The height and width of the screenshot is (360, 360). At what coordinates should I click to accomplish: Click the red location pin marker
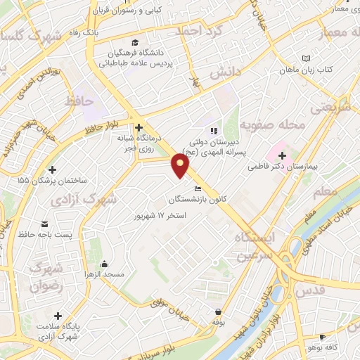181,165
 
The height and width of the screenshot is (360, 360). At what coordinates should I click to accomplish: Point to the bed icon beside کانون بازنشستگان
198,188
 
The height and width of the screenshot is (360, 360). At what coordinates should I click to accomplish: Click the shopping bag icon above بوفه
219,311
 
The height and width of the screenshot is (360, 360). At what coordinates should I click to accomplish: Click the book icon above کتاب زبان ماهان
304,58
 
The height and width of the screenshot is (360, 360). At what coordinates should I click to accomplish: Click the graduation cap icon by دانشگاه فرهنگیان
134,43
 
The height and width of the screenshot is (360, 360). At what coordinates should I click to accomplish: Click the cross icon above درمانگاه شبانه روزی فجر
139,127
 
